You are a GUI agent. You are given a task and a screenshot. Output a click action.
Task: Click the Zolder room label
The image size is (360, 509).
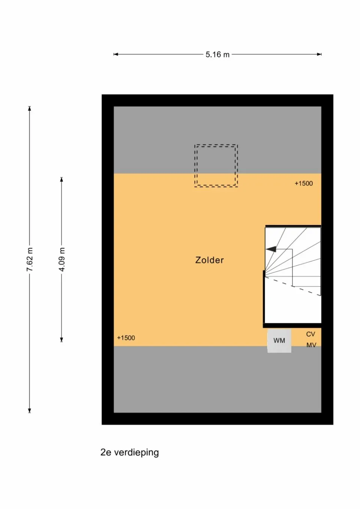[209, 260]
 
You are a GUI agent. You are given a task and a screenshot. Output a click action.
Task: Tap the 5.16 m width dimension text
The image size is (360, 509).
[217, 54]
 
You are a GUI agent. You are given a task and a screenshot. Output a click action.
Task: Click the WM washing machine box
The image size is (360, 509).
[279, 340]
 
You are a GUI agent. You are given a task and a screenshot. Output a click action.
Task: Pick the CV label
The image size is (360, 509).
[310, 334]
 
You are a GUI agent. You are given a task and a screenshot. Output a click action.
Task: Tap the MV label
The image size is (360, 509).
[311, 345]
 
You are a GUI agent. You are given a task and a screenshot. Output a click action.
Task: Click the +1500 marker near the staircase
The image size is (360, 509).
[303, 183]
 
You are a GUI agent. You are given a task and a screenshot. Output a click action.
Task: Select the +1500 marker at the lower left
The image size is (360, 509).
[126, 338]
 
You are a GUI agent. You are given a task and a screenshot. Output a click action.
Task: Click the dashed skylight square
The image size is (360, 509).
[216, 166]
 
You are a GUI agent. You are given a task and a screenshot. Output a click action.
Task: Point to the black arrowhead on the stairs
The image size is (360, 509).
[271, 249]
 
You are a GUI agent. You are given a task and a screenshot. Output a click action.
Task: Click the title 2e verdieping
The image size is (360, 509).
[129, 452]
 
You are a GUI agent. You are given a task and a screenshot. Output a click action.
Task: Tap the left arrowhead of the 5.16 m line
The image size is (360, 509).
[116, 54]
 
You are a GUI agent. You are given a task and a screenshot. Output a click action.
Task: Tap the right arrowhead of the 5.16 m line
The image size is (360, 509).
[319, 54]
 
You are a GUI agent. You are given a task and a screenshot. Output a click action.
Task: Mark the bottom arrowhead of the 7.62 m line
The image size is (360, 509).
[30, 410]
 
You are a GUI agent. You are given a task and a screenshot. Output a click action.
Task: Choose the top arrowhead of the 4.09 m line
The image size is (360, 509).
[62, 180]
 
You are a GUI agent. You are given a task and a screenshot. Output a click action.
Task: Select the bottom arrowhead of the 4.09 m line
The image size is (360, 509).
[62, 340]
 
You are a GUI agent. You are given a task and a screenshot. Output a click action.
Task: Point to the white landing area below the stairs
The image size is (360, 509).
[292, 309]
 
